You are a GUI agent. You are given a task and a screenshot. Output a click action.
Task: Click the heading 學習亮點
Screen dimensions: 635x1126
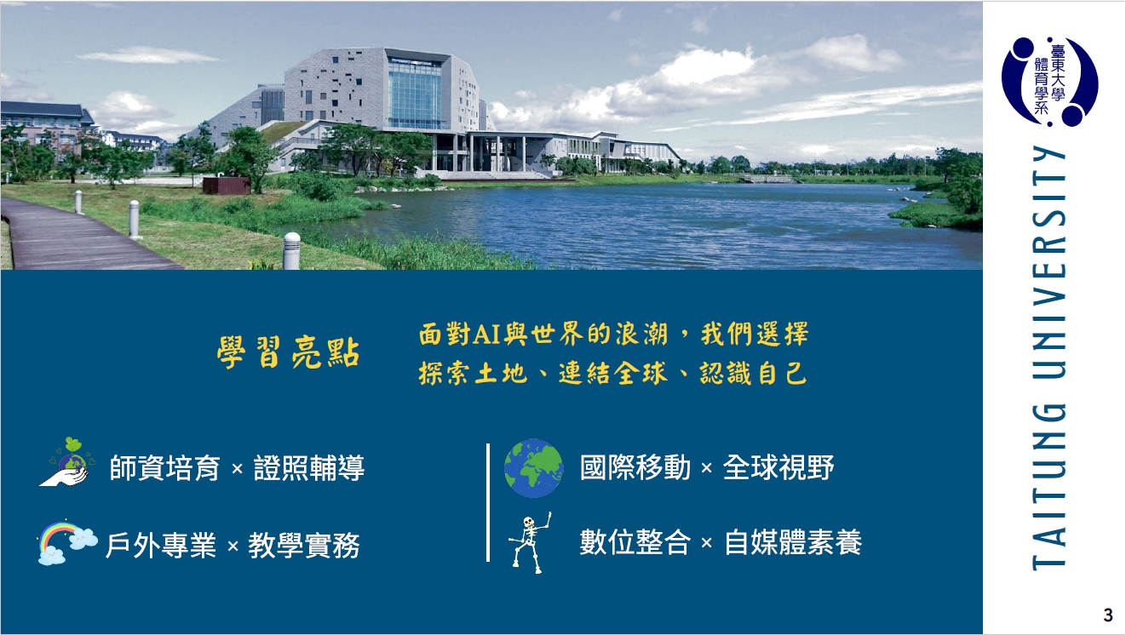(x=288, y=354)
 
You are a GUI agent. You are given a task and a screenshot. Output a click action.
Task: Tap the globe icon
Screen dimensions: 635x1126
(x=533, y=468)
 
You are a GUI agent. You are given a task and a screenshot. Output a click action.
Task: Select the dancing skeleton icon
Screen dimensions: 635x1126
(x=530, y=541)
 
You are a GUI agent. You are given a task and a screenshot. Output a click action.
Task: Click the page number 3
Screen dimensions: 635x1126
(x=1107, y=615)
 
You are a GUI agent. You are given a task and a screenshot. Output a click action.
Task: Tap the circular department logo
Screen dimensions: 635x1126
(x=1049, y=82)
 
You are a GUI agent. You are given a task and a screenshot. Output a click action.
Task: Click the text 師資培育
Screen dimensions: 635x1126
(x=165, y=468)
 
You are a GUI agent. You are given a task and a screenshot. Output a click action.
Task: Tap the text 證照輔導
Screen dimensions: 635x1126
(x=309, y=468)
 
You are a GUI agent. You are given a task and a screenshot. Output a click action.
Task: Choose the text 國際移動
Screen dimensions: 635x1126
(x=635, y=467)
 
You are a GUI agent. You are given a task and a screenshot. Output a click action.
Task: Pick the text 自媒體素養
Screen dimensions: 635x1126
(x=793, y=542)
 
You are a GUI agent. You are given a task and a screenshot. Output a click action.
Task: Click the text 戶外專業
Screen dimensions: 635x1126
(x=160, y=545)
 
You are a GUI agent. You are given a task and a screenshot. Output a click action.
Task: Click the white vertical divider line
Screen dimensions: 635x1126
(x=488, y=502)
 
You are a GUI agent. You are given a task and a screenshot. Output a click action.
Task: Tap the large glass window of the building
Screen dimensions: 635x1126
(x=415, y=94)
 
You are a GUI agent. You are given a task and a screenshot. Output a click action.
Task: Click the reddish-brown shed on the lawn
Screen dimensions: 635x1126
(x=227, y=185)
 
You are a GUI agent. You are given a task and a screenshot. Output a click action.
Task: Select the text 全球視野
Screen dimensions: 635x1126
(x=778, y=467)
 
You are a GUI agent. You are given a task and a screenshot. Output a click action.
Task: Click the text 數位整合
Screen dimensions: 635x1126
(x=635, y=542)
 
